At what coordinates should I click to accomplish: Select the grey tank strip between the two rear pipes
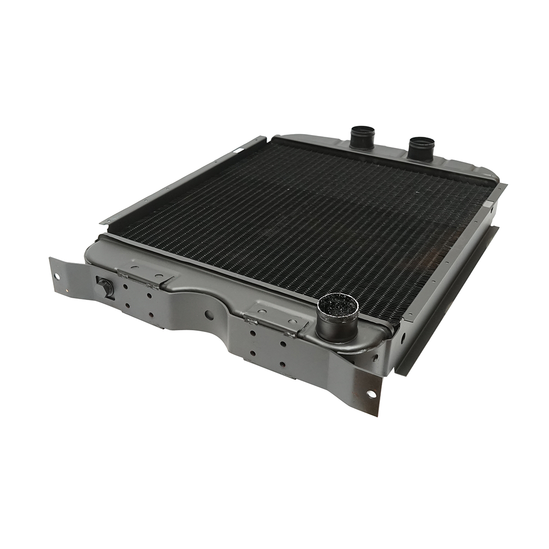pyautogui.click(x=391, y=153)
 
